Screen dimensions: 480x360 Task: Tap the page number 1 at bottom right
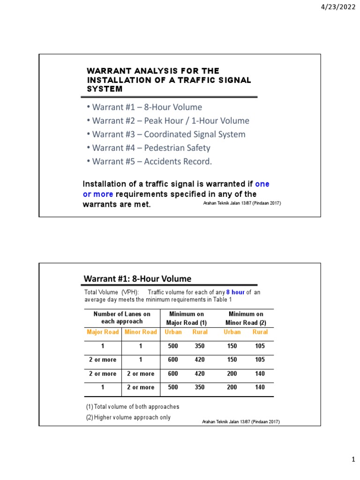point(354,461)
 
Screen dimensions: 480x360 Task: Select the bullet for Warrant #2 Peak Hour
point(171,120)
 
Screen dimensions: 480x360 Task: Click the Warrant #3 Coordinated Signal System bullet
point(168,134)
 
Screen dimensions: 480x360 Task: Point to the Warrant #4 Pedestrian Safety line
point(151,148)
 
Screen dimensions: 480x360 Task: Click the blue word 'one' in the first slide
point(262,184)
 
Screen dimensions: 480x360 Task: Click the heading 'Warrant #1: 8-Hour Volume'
point(137,279)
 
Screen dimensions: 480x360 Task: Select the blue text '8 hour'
point(235,292)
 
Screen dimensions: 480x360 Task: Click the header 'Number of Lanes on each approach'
point(122,318)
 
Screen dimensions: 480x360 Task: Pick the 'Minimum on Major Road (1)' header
point(187,318)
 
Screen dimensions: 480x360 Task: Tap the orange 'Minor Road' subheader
point(141,332)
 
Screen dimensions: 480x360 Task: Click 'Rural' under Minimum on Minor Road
point(260,332)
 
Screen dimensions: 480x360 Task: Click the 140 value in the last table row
point(260,387)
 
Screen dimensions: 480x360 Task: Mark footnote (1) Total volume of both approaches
point(132,406)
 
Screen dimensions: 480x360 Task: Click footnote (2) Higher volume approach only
point(128,417)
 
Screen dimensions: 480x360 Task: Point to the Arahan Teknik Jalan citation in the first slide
point(241,203)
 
